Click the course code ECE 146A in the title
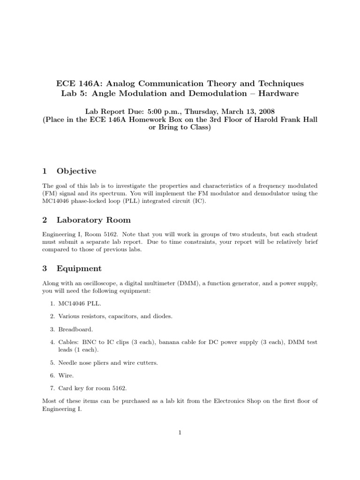click(x=77, y=84)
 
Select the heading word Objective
click(x=76, y=171)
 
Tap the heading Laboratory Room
click(x=94, y=220)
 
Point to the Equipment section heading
click(x=79, y=269)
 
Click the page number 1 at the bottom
click(x=180, y=433)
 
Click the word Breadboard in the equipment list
click(x=73, y=329)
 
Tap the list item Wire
click(x=65, y=375)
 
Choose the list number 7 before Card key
click(x=51, y=388)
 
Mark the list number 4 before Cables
click(x=51, y=342)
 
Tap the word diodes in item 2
click(x=162, y=316)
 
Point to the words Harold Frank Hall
click(x=286, y=120)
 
